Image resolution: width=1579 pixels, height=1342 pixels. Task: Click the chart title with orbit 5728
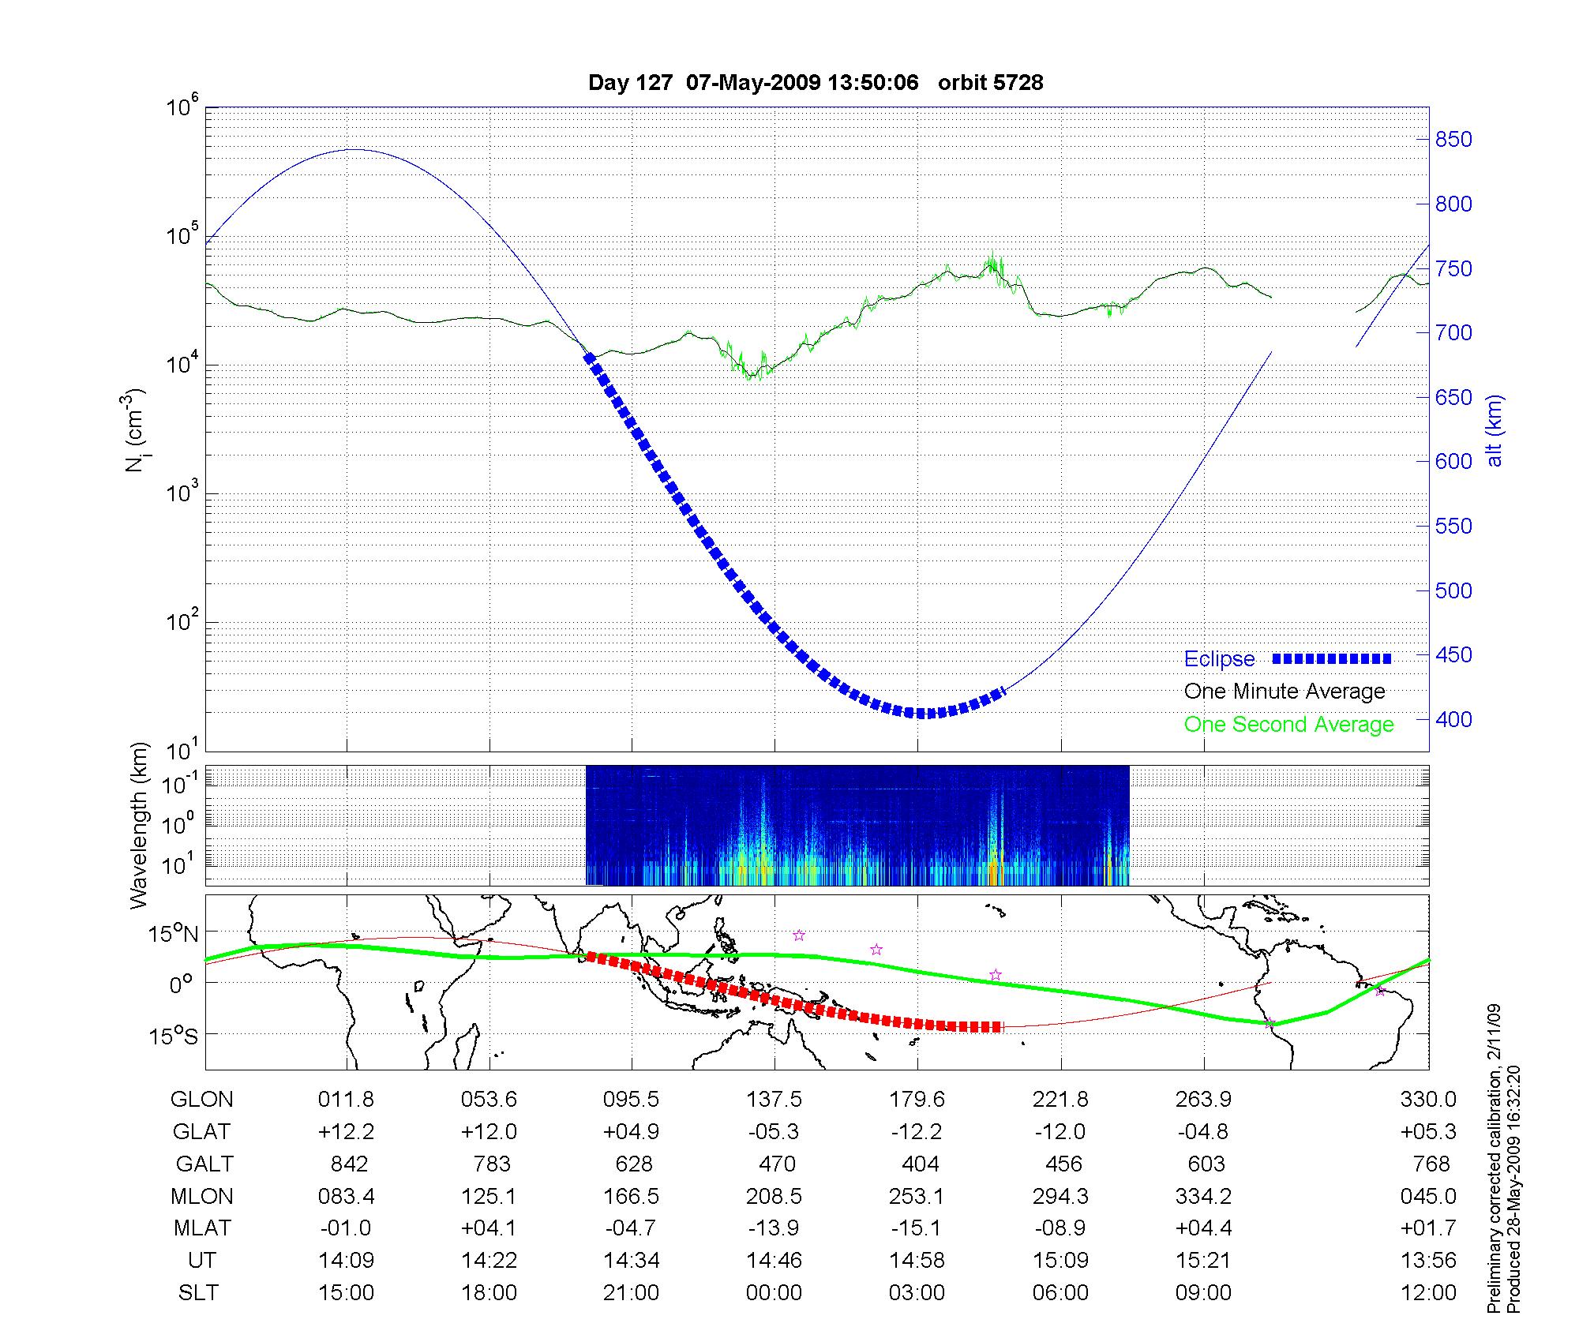point(816,83)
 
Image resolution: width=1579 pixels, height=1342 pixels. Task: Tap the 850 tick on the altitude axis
point(1453,140)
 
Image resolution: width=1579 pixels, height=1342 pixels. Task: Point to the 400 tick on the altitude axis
point(1453,719)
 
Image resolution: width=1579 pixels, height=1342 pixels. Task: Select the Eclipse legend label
point(1219,659)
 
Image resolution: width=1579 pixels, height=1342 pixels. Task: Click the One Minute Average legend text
point(1285,692)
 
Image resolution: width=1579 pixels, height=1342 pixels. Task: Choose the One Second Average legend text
point(1288,725)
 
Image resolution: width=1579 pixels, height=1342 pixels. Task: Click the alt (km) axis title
point(1495,430)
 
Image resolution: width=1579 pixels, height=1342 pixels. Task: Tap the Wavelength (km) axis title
point(139,825)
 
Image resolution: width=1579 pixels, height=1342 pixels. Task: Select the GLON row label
point(202,1100)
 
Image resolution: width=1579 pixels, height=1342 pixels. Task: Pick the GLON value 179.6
point(917,1100)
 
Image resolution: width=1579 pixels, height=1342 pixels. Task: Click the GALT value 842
point(349,1164)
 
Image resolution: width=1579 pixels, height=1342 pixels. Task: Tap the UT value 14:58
point(917,1261)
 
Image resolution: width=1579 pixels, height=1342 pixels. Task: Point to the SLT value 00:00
point(774,1293)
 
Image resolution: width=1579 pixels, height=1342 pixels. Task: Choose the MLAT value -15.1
point(917,1228)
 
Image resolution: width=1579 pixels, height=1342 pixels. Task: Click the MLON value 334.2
point(1203,1197)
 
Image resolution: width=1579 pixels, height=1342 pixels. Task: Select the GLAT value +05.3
point(1428,1132)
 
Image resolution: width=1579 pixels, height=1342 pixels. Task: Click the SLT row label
point(198,1293)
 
